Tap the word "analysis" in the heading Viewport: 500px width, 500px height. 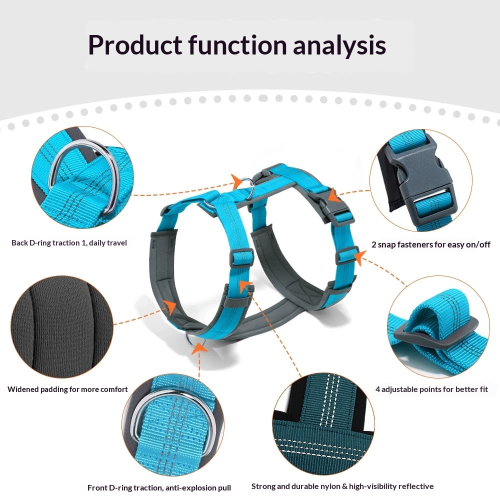(x=339, y=45)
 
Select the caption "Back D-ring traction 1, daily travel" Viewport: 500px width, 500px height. (x=69, y=243)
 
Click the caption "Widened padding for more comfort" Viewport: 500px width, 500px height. (x=67, y=389)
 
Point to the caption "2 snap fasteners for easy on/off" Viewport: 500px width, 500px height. (x=431, y=244)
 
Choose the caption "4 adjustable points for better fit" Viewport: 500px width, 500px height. (x=432, y=389)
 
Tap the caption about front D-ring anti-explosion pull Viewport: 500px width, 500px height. (x=159, y=488)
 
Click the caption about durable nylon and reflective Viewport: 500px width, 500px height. (x=342, y=486)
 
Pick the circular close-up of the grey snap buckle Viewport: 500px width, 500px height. (x=421, y=180)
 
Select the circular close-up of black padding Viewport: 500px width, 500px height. (x=62, y=327)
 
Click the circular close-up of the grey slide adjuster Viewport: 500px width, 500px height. (x=438, y=326)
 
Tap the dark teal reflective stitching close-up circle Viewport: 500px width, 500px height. (x=323, y=424)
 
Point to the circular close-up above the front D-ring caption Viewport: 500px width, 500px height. (x=173, y=425)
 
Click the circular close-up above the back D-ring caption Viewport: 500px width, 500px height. (x=82, y=177)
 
